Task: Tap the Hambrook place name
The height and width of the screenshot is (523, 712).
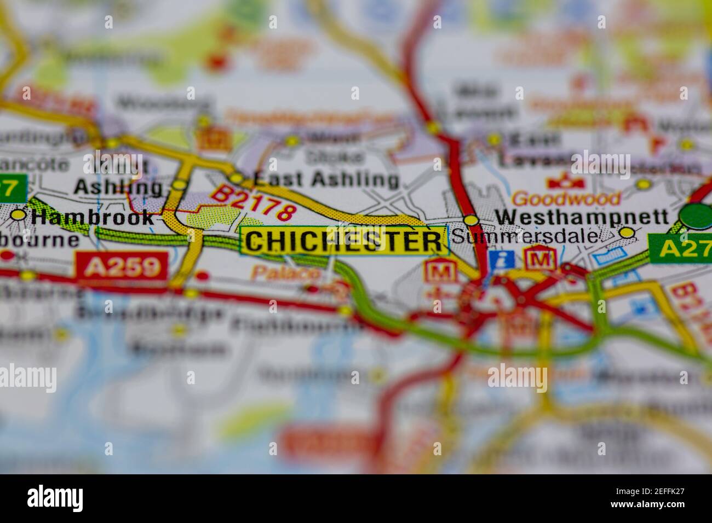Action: point(92,217)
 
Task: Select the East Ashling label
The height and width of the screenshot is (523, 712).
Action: point(326,179)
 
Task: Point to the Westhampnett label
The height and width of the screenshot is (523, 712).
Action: point(582,217)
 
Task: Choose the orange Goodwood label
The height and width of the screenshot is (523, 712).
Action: point(566,198)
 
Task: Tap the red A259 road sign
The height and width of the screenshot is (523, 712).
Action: point(122,267)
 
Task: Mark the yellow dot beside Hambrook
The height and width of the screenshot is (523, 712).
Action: point(19,215)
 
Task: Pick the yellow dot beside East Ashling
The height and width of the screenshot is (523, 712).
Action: point(237,178)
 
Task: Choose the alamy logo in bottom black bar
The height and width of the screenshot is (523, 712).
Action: point(55,498)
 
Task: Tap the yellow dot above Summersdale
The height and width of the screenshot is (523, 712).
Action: point(470,220)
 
